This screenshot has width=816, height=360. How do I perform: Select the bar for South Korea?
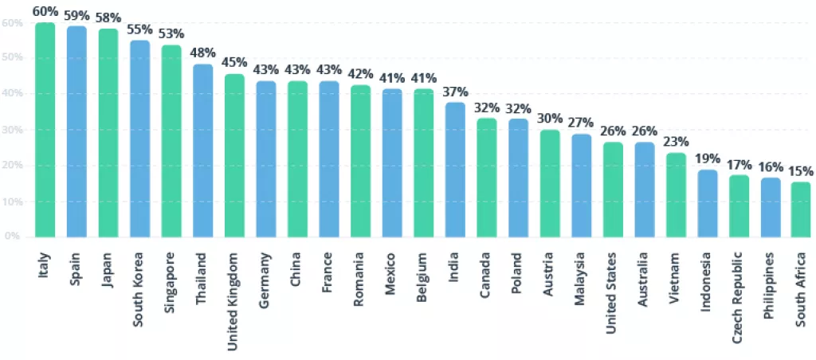pyautogui.click(x=140, y=139)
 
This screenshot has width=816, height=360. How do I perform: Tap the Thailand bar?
pyautogui.click(x=203, y=151)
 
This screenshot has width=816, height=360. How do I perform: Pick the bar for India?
pyautogui.click(x=456, y=170)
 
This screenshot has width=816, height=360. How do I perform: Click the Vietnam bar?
pyautogui.click(x=677, y=195)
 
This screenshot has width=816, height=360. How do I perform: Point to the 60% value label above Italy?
pyautogui.click(x=45, y=12)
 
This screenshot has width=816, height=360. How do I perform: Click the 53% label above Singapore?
pyautogui.click(x=171, y=33)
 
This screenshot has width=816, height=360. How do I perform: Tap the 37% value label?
pyautogui.click(x=456, y=92)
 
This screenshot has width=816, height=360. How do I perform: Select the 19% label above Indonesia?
pyautogui.click(x=708, y=158)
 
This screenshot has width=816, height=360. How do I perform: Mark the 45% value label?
pyautogui.click(x=234, y=63)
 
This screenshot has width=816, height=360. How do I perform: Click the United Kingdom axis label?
pyautogui.click(x=234, y=292)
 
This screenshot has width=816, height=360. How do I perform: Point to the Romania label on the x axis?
pyautogui.click(x=360, y=275)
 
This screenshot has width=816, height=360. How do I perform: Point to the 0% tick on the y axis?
pyautogui.click(x=13, y=237)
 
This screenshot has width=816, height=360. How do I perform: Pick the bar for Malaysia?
pyautogui.click(x=582, y=186)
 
